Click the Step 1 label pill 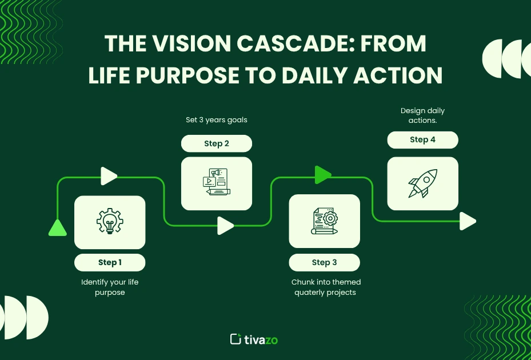pyautogui.click(x=110, y=262)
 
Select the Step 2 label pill pyautogui.click(x=217, y=143)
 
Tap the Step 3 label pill pyautogui.click(x=324, y=262)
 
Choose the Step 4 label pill pyautogui.click(x=422, y=140)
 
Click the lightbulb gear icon pyautogui.click(x=110, y=222)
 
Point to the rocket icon pyautogui.click(x=422, y=183)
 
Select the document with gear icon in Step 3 pyautogui.click(x=324, y=221)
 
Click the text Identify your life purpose pyautogui.click(x=110, y=287)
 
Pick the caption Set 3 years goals pyautogui.click(x=217, y=120)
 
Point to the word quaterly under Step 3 pyautogui.click(x=310, y=293)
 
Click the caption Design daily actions pyautogui.click(x=422, y=115)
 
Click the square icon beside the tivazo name pyautogui.click(x=235, y=339)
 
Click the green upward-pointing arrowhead pyautogui.click(x=58, y=227)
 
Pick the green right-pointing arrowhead pyautogui.click(x=323, y=175)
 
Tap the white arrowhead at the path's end pyautogui.click(x=468, y=221)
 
